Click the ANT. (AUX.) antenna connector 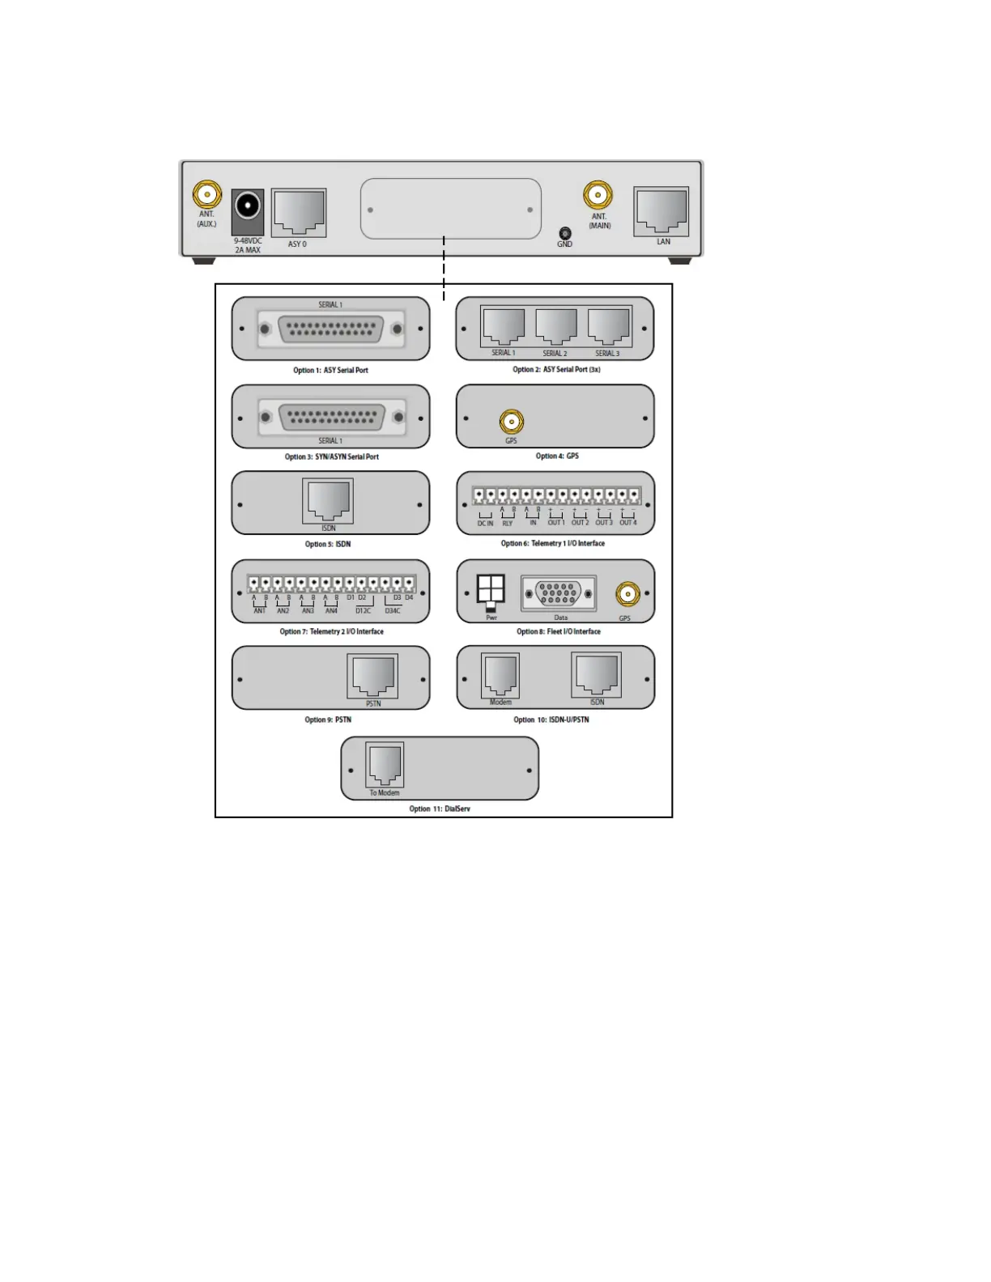[207, 195]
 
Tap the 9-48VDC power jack [248, 206]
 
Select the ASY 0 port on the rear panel [299, 212]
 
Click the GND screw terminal [565, 233]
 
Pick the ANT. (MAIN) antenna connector [598, 195]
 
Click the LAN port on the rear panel [661, 210]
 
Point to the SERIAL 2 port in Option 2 [555, 326]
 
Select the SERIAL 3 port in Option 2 [608, 326]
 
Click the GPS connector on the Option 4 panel [511, 422]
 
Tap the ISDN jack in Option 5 [328, 500]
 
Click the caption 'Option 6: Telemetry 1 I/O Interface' [552, 544]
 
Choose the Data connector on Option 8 [559, 594]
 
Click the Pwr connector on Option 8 [491, 591]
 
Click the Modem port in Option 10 [500, 675]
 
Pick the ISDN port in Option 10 [597, 674]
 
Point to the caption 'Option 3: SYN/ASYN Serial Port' [331, 457]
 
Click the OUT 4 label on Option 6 [628, 523]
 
